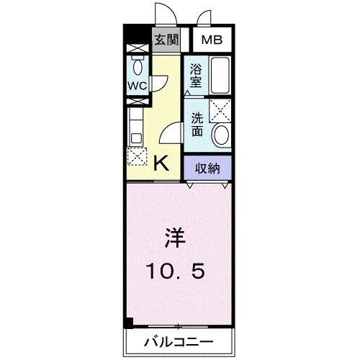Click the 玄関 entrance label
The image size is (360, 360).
[166, 40]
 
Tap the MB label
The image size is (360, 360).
[212, 40]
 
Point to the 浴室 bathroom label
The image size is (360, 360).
[196, 75]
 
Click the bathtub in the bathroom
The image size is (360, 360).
[219, 76]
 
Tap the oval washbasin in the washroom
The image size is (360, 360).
[221, 134]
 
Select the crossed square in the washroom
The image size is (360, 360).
[220, 110]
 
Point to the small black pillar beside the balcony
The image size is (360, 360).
[129, 323]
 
